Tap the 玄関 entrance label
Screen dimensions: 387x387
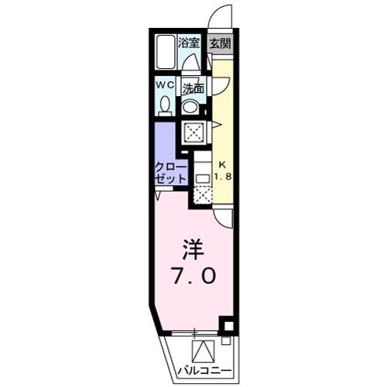(220, 44)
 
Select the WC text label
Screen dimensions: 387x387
(165, 84)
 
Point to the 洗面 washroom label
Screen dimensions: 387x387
(193, 88)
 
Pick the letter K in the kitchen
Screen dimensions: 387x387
(221, 164)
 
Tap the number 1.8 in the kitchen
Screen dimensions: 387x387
(222, 176)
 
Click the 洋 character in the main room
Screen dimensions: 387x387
(193, 249)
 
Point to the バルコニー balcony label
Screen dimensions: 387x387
(200, 369)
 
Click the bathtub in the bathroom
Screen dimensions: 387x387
(165, 53)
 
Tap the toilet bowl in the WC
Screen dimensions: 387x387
(165, 105)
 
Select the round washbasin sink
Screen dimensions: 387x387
(191, 106)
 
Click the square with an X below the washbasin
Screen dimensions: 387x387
(192, 133)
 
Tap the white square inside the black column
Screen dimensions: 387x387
(225, 326)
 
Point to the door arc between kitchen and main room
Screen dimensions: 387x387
(224, 218)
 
